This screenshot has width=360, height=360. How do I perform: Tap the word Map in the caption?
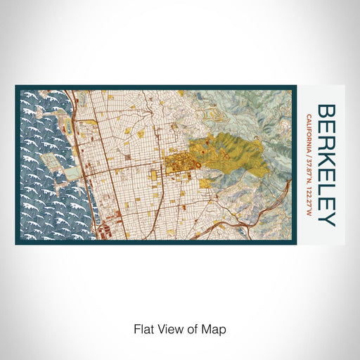215,328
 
